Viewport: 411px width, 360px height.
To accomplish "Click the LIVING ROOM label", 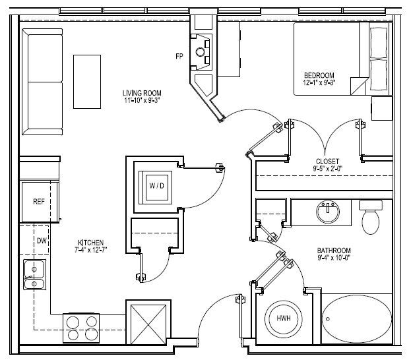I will [142, 93].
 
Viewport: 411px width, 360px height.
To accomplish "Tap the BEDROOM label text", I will [319, 75].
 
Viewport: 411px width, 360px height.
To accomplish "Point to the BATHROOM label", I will [334, 251].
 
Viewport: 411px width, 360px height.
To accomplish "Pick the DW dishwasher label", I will [41, 241].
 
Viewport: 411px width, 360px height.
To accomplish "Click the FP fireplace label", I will [179, 57].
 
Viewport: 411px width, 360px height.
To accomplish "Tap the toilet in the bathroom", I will [371, 218].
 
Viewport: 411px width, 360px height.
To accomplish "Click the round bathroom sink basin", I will [327, 212].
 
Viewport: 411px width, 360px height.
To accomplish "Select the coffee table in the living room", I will [87, 82].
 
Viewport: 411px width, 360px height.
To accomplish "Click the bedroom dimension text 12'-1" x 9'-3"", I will [319, 83].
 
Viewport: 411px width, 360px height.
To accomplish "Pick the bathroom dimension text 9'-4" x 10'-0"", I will [334, 258].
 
